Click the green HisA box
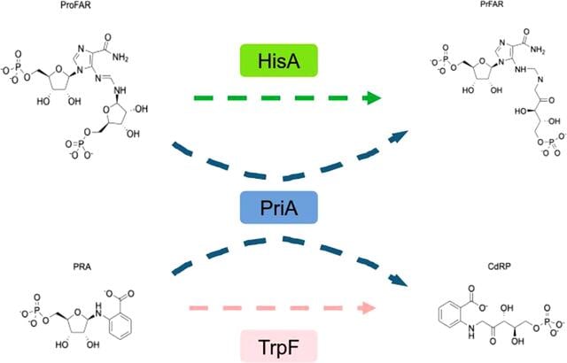[279, 61]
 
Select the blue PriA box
[279, 208]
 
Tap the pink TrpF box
[279, 346]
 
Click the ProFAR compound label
[76, 5]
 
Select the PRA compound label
[82, 266]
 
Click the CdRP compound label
[499, 266]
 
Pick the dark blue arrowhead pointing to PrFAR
[399, 136]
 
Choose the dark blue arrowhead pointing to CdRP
[399, 281]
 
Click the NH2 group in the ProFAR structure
[120, 58]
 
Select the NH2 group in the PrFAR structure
[538, 50]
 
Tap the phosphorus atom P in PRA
[36, 309]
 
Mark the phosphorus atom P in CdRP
[548, 321]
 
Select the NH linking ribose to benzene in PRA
[100, 309]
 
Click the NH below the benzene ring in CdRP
[471, 331]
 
